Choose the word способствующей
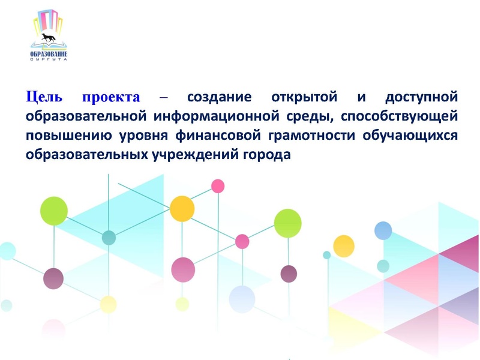[x=403, y=115]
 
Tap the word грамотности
[x=324, y=134]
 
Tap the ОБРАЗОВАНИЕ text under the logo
[x=48, y=53]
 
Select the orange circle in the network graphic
[x=182, y=209]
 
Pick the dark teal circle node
[x=109, y=238]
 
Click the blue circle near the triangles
[x=383, y=230]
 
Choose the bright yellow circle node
[x=344, y=245]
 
